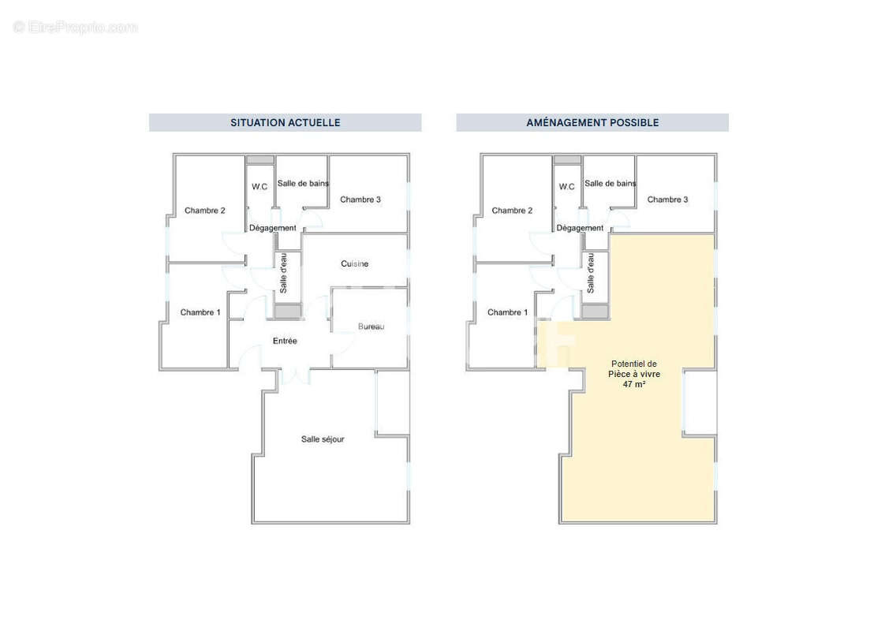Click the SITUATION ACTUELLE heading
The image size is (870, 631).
[285, 122]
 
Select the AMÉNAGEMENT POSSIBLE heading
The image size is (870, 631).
[592, 122]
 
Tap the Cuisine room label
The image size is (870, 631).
[354, 263]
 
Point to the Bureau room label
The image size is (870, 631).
[371, 327]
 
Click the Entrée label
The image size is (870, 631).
[285, 341]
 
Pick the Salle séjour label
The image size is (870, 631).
[323, 439]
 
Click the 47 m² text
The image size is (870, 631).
[634, 384]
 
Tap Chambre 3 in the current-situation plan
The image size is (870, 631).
[360, 200]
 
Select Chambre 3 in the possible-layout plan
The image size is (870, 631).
[667, 200]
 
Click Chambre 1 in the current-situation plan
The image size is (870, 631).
[200, 312]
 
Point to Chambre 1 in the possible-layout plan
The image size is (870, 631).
[508, 312]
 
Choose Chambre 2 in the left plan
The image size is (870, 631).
[205, 211]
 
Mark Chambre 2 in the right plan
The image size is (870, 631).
[512, 211]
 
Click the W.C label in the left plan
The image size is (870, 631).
[260, 187]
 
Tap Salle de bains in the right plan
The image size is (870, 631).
[610, 184]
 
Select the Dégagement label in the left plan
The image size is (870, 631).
[273, 228]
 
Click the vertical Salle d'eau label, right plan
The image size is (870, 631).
[591, 274]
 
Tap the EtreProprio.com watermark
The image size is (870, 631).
[76, 28]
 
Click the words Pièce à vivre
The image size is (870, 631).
[634, 374]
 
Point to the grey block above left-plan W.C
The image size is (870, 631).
[260, 159]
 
